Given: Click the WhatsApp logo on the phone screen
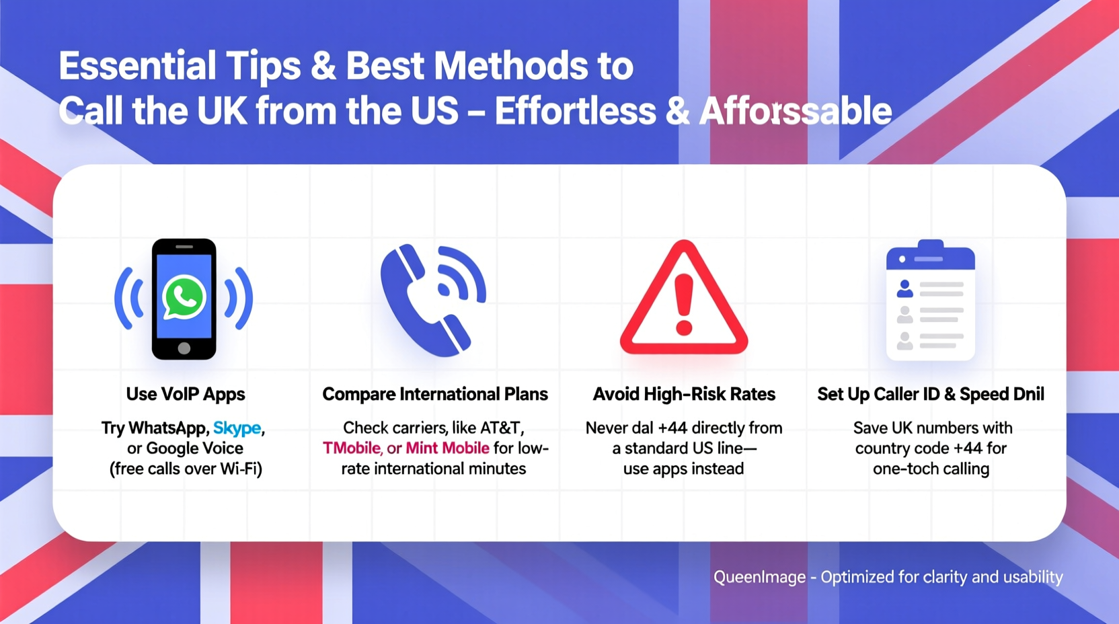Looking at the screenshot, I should tap(184, 297).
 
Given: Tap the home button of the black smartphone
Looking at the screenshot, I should tap(184, 348).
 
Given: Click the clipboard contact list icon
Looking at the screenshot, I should tap(930, 301).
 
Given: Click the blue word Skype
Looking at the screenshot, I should tap(237, 428).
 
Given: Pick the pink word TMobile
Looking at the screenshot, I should tap(352, 448).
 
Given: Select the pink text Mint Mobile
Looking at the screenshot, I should tap(447, 448).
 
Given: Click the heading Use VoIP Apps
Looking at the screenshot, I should tap(186, 394).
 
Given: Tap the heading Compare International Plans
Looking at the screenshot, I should tap(435, 394).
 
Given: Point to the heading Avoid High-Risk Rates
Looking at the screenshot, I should tap(684, 394).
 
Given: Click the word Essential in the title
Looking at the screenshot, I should tap(137, 67).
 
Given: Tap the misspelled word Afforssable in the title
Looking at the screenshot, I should tap(796, 112).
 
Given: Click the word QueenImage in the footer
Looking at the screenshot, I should tap(759, 577).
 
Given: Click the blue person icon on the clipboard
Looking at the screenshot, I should tap(905, 289).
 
